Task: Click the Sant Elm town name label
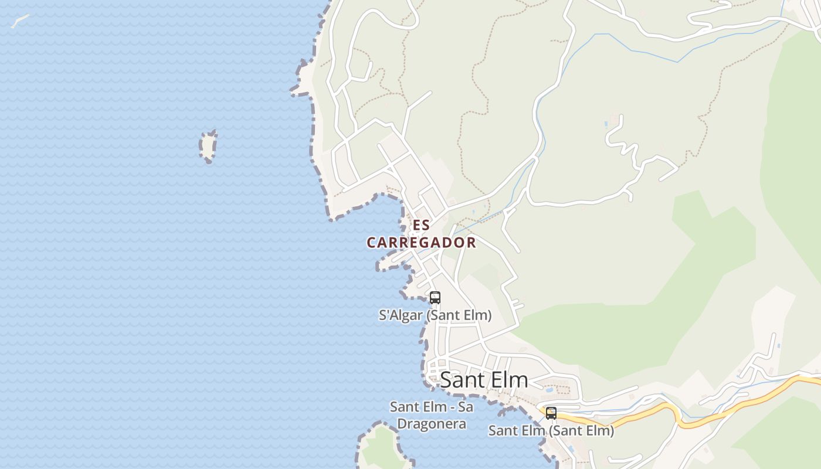pos(484,380)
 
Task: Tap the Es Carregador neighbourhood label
pos(421,234)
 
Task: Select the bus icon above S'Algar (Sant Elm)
pos(435,297)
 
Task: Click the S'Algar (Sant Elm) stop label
pos(435,315)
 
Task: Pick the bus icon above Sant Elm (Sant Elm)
pos(551,413)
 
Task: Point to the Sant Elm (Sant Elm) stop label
pos(551,430)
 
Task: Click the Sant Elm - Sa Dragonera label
pos(432,414)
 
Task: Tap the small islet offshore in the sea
pos(208,146)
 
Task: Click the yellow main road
pos(733,405)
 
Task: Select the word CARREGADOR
pos(421,242)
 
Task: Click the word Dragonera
pos(432,423)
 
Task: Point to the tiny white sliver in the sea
pos(19,21)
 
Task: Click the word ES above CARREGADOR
pos(421,225)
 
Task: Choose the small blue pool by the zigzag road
pos(606,124)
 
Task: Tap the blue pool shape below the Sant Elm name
pos(549,389)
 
